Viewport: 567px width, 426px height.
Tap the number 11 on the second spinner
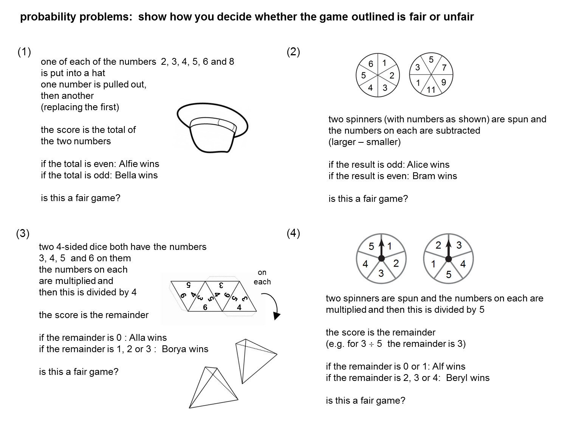pos(431,90)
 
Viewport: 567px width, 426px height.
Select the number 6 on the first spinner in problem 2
pos(370,64)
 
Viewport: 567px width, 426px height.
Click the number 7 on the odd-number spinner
pos(444,68)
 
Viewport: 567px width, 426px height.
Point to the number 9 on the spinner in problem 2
pos(443,82)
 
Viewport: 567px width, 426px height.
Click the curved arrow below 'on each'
pos(272,305)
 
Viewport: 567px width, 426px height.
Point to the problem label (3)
pos(23,234)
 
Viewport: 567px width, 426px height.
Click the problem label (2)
pos(293,52)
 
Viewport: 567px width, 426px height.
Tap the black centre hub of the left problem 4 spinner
pos(381,258)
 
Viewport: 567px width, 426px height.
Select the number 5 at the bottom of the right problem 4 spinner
pos(449,275)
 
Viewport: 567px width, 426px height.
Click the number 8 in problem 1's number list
pos(231,62)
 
